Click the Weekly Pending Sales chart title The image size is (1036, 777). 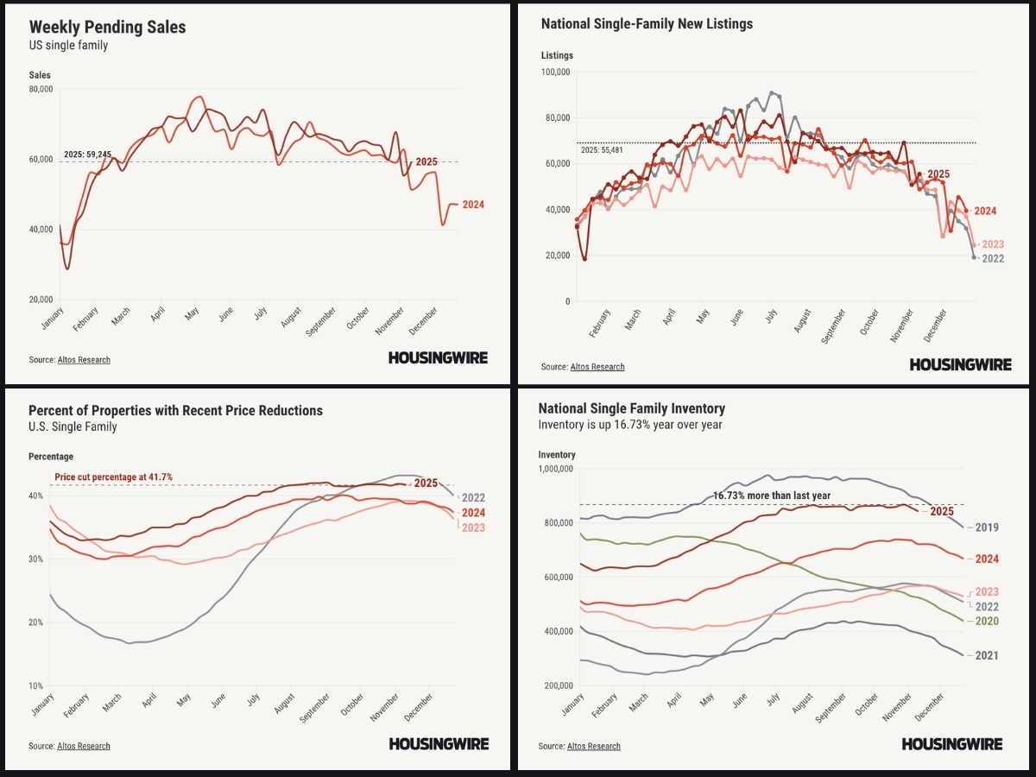point(108,27)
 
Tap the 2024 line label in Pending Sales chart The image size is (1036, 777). point(472,205)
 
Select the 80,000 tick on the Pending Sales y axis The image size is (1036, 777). point(41,89)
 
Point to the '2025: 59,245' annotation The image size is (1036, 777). point(87,155)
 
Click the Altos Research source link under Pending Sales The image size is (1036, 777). point(84,359)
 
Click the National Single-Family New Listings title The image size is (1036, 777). point(647,24)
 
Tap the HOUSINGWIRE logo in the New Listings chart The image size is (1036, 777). point(960,364)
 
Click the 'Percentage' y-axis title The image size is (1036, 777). point(51,456)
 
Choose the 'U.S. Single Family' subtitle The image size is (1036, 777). point(73,426)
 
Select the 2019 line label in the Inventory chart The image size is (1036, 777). point(987,527)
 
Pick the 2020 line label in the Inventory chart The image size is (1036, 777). point(987,621)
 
